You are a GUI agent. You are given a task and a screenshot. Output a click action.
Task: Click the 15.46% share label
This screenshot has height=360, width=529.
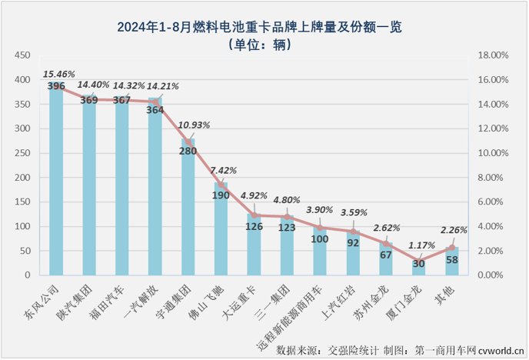pos(59,75)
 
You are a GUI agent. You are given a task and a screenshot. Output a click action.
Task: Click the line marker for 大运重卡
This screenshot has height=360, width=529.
pos(254,215)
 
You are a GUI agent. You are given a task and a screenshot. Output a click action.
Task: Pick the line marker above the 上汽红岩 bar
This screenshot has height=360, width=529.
pos(353,231)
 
